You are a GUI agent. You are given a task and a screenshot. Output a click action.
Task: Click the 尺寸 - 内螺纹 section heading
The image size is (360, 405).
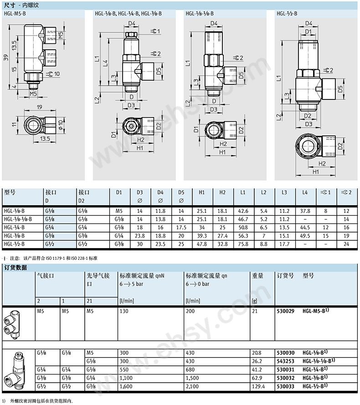tap(21, 5)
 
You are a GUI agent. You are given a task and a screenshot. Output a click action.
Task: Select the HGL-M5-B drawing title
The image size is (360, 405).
tap(15, 13)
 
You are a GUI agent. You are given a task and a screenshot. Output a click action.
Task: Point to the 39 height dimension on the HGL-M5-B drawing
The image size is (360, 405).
tap(6, 57)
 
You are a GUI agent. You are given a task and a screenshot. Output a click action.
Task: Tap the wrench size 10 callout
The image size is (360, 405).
tap(54, 74)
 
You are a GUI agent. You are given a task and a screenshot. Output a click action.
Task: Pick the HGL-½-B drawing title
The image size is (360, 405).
tap(287, 13)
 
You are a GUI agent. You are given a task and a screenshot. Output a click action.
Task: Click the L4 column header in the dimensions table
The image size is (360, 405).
tap(305, 192)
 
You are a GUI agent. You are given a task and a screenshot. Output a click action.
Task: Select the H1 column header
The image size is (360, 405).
tap(202, 192)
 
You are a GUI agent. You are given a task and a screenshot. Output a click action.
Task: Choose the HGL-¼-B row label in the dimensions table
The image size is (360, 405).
tap(14, 228)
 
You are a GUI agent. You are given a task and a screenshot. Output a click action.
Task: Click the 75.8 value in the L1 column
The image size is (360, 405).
tap(243, 244)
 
